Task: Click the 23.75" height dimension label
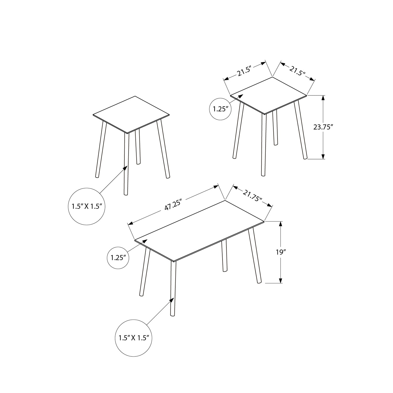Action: click(x=323, y=127)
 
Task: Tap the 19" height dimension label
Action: click(x=281, y=252)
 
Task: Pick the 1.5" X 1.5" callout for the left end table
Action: click(x=86, y=206)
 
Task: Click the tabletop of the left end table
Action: click(x=131, y=114)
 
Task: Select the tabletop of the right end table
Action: click(x=269, y=95)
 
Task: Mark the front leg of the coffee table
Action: click(x=173, y=288)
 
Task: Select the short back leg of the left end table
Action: click(x=138, y=147)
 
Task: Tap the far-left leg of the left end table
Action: click(x=101, y=149)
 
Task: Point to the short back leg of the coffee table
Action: click(x=224, y=255)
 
